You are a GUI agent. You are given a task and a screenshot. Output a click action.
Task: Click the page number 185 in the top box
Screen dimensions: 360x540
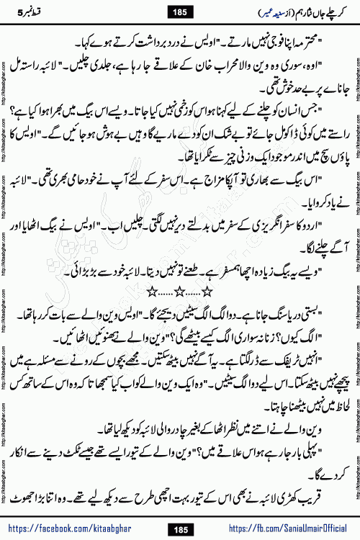pyautogui.click(x=180, y=10)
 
